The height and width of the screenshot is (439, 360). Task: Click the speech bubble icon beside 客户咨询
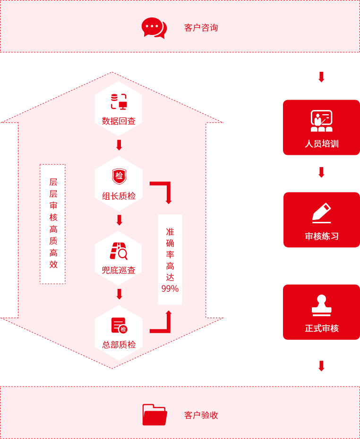tap(154, 28)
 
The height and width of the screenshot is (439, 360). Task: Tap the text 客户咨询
tap(201, 28)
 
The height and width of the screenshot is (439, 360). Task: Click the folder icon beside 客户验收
tap(154, 414)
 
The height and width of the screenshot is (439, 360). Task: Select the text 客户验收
tap(201, 415)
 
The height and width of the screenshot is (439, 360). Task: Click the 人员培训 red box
tap(321, 127)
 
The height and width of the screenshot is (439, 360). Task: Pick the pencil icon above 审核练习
tap(322, 213)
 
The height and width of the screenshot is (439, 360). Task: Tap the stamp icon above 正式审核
tap(322, 305)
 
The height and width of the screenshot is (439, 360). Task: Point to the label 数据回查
tap(119, 121)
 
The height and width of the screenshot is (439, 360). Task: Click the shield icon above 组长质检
tap(119, 177)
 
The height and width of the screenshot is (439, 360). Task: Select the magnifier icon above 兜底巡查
tap(119, 251)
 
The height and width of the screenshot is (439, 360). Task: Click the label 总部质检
tap(119, 345)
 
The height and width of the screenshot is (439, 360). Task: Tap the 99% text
tap(170, 288)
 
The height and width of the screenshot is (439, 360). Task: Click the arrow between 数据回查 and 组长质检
tap(119, 145)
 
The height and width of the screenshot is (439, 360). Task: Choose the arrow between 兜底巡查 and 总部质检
tap(120, 294)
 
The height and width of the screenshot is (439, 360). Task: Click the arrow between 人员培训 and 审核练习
tap(321, 172)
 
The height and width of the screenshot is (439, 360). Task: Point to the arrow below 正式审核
tap(321, 366)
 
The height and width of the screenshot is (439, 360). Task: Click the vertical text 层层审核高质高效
tap(53, 223)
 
